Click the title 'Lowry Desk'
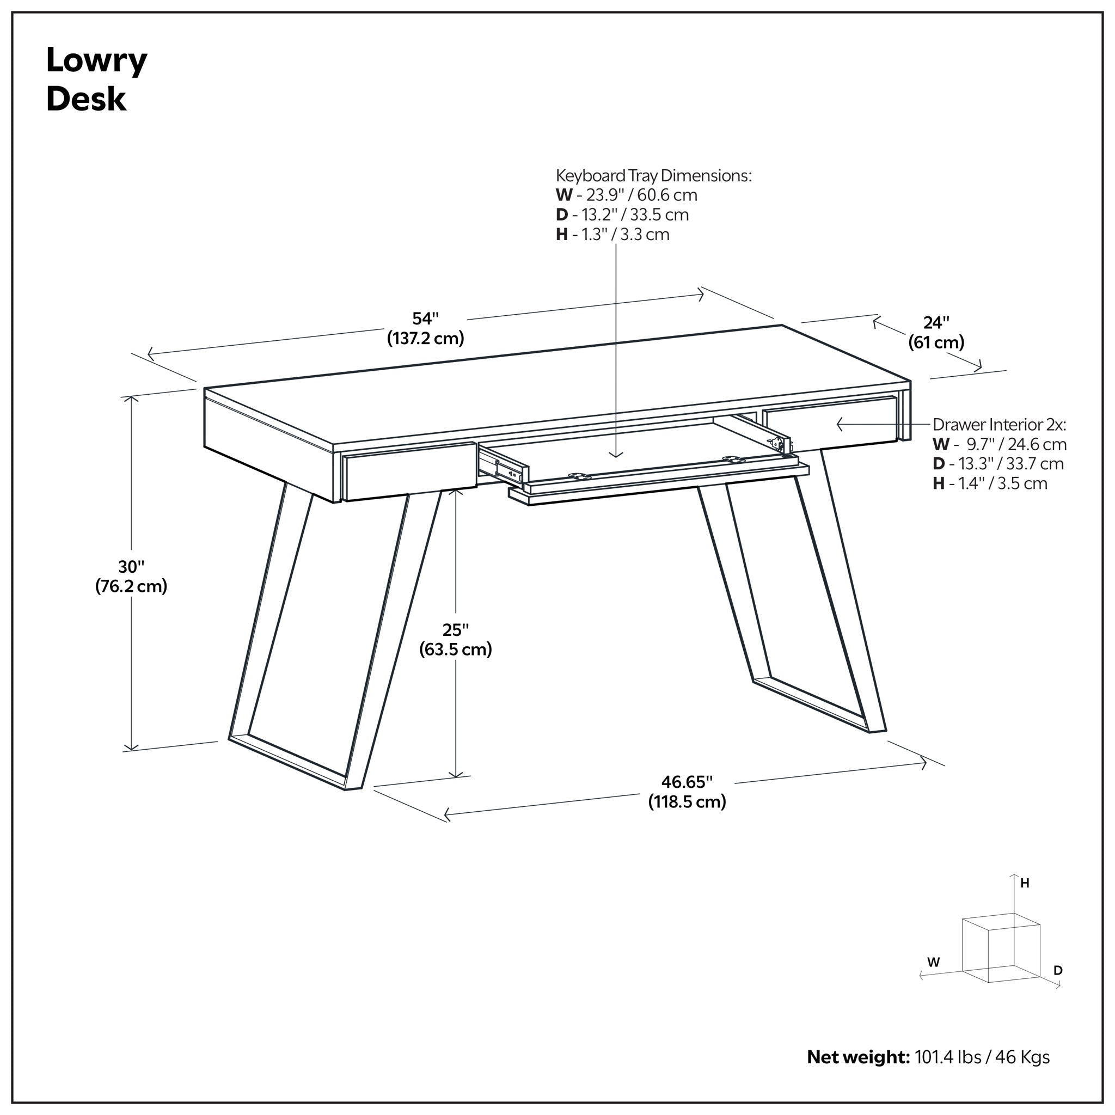click(96, 79)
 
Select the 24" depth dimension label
click(936, 333)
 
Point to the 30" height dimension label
click(131, 576)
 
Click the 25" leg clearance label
click(455, 640)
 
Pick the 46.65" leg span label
click(687, 792)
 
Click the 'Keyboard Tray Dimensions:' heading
click(653, 175)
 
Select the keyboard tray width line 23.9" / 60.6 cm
click(626, 195)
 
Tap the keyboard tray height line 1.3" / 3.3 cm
click(612, 234)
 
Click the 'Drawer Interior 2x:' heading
click(999, 425)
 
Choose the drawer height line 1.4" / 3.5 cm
click(990, 483)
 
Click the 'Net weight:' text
click(858, 1057)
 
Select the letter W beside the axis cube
click(933, 962)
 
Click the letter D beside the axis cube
click(1058, 970)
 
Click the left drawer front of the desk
click(411, 471)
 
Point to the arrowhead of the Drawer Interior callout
click(837, 425)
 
